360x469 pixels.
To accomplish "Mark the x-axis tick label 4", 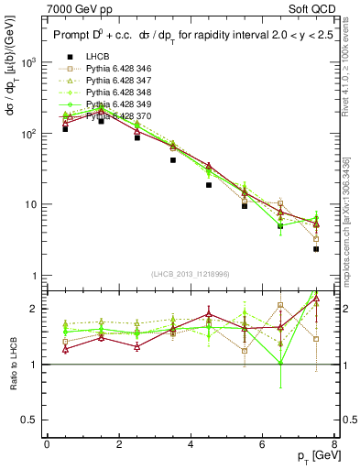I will (191, 444).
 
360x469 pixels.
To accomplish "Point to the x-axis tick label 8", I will (334, 444).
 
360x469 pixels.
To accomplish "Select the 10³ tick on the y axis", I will (27, 62).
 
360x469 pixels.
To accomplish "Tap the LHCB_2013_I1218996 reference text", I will (191, 275).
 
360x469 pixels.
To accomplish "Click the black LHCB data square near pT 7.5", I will (316, 248).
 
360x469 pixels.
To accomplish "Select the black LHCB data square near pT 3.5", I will (172, 159).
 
